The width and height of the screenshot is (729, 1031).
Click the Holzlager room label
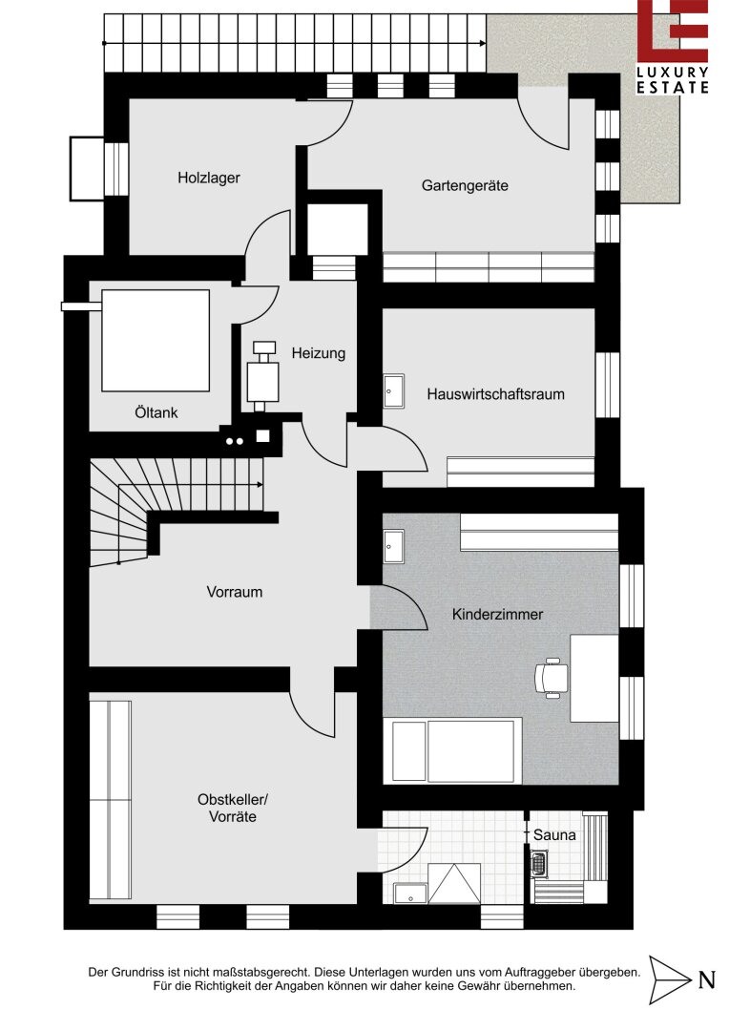click(208, 178)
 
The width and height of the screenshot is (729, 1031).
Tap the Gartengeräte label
click(465, 185)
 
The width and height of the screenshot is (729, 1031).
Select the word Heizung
click(318, 353)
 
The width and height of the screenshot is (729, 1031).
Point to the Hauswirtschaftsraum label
click(495, 394)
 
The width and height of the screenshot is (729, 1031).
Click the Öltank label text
click(156, 412)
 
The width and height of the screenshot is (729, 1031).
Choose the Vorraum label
click(234, 592)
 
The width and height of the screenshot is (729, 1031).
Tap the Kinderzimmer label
click(498, 614)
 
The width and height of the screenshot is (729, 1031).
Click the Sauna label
click(554, 835)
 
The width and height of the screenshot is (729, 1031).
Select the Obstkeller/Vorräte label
click(233, 809)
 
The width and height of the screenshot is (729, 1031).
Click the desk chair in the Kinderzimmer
click(551, 677)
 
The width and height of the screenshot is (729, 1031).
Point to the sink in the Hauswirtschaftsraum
click(394, 391)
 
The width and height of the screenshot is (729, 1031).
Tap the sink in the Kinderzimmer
click(394, 547)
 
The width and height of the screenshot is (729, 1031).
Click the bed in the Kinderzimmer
click(452, 750)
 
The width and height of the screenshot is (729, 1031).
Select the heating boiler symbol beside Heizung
click(263, 376)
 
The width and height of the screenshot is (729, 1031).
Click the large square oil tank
click(156, 341)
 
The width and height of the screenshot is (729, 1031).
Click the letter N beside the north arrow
click(707, 979)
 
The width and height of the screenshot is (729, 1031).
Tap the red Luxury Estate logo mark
click(673, 31)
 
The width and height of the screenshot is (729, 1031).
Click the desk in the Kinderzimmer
click(594, 678)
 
